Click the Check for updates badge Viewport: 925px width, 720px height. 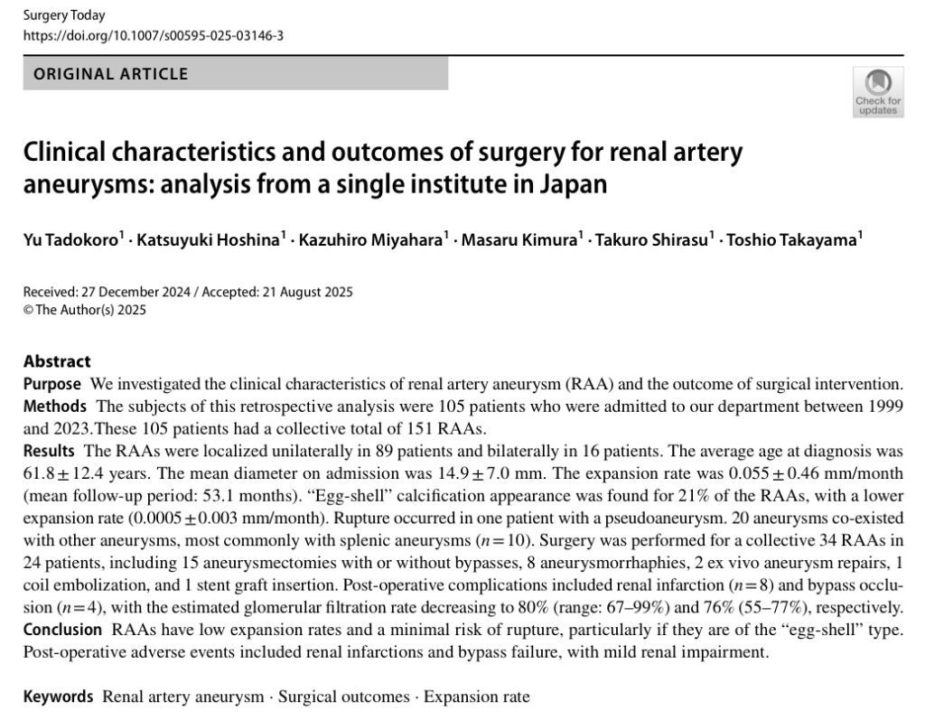[x=877, y=92]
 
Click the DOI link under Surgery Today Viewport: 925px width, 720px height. [x=154, y=36]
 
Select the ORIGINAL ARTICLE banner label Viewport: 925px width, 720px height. [x=111, y=74]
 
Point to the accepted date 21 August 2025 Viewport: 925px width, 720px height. [x=306, y=292]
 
